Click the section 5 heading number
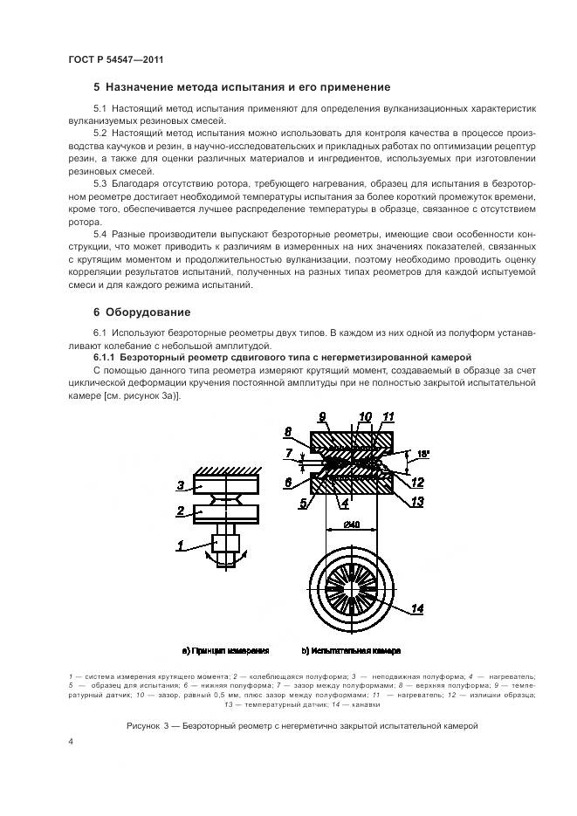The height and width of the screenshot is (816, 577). click(x=97, y=87)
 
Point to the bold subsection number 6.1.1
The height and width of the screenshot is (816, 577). click(x=106, y=357)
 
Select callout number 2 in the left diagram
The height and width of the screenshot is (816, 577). click(x=179, y=510)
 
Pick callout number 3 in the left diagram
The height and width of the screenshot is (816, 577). click(x=179, y=484)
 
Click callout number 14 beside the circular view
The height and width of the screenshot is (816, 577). click(x=418, y=609)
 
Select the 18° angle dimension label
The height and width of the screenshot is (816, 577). click(x=424, y=455)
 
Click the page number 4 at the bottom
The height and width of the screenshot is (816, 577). click(x=71, y=742)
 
